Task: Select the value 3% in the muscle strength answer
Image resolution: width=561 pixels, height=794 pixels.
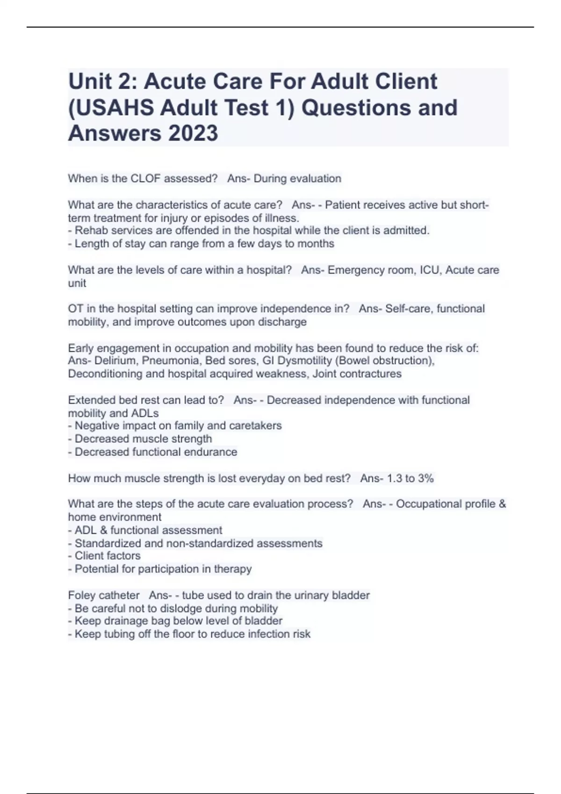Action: pos(426,478)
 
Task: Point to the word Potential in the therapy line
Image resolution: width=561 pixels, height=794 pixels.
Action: pos(96,569)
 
